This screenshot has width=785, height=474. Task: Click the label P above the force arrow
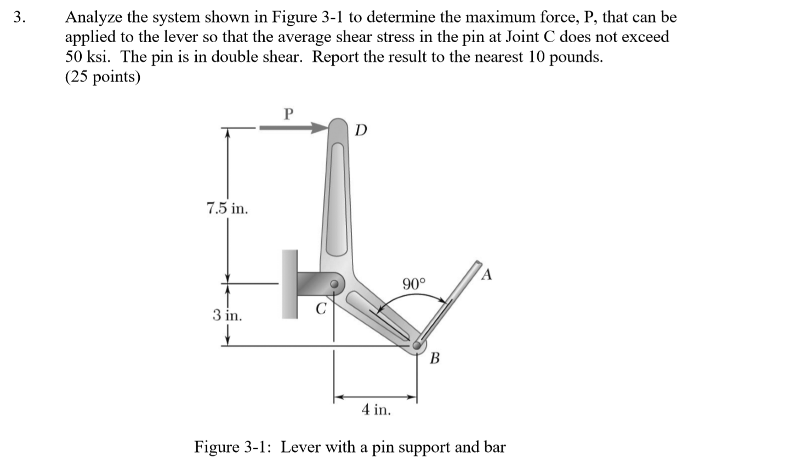click(289, 114)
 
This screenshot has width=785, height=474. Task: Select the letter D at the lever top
click(361, 130)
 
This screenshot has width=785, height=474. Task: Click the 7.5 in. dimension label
click(226, 208)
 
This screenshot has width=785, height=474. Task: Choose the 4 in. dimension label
click(376, 409)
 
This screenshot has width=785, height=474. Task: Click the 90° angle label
click(414, 284)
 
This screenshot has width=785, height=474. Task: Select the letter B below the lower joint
click(435, 359)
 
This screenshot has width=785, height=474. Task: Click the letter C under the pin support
click(321, 309)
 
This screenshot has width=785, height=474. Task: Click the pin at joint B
click(418, 345)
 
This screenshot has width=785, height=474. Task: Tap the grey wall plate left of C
click(289, 284)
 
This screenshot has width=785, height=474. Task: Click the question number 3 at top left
click(19, 17)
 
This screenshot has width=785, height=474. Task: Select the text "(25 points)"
click(103, 77)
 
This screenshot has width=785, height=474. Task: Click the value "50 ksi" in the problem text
click(88, 57)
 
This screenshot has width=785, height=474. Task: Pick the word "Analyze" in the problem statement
click(94, 17)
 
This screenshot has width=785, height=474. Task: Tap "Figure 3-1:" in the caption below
click(235, 447)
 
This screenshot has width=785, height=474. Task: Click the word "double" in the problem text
click(243, 57)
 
